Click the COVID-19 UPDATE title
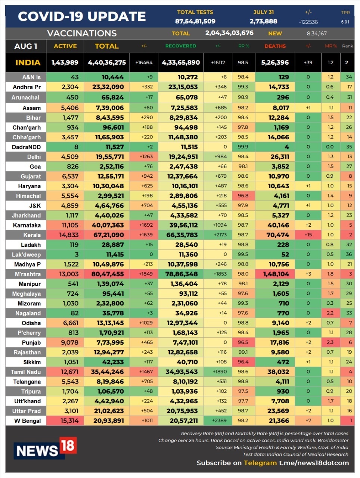pyautogui.click(x=82, y=16)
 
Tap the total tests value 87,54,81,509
pyautogui.click(x=195, y=21)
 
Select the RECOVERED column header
pyautogui.click(x=180, y=46)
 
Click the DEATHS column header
pyautogui.click(x=275, y=46)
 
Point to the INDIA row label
pyautogui.click(x=28, y=62)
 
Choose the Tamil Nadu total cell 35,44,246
pyautogui.click(x=107, y=372)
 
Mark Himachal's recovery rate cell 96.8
pyautogui.click(x=243, y=196)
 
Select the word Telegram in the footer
pyautogui.click(x=260, y=463)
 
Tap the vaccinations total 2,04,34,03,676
pyautogui.click(x=229, y=33)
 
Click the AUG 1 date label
pyautogui.click(x=25, y=46)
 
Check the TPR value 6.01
pyautogui.click(x=345, y=22)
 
